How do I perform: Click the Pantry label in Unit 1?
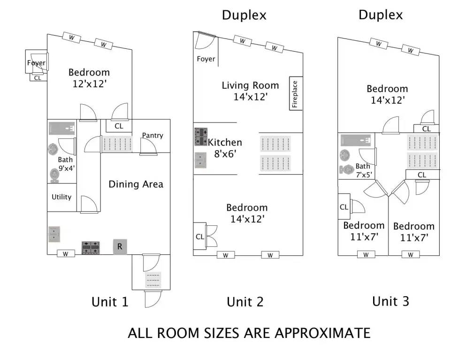[153, 136]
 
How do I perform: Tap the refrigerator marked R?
[120, 247]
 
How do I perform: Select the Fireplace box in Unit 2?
[296, 94]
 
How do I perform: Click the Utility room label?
[61, 197]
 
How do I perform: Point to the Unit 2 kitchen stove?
[201, 137]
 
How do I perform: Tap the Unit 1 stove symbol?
[91, 248]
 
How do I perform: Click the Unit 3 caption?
[391, 301]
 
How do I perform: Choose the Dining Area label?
[136, 184]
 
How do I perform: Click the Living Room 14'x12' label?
[250, 91]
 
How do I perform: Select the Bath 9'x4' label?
[66, 164]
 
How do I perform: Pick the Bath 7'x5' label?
[364, 170]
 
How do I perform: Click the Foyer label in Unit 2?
[206, 59]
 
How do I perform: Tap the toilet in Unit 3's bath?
[346, 170]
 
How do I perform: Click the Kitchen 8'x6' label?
[225, 148]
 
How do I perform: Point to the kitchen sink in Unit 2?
[200, 160]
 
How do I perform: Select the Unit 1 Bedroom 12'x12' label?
[89, 78]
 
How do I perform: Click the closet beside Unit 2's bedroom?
[200, 237]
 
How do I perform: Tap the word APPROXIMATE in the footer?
[322, 333]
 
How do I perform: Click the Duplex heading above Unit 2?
[244, 15]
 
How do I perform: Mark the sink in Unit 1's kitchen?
[54, 234]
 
